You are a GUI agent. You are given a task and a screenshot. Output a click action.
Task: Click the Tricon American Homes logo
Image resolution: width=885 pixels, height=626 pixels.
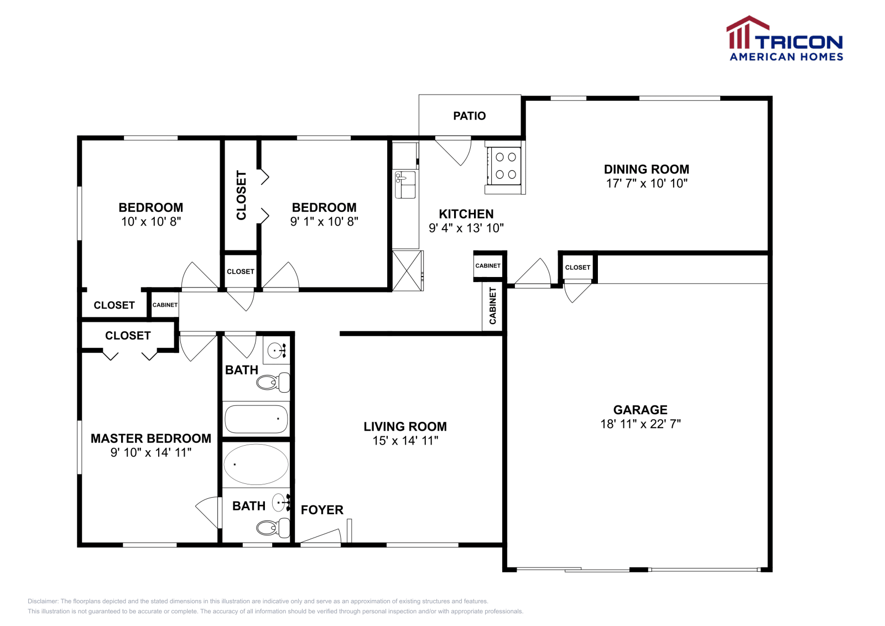click(x=785, y=39)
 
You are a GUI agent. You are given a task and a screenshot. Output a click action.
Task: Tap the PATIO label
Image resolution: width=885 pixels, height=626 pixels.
click(x=469, y=116)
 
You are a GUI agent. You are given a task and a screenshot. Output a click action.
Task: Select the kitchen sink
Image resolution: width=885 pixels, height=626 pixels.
click(x=405, y=185)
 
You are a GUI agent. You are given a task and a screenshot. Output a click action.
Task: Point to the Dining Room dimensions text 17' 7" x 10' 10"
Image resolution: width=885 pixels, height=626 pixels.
click(x=646, y=184)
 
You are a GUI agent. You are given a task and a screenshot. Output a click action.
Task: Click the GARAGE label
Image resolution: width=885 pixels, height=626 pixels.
click(x=640, y=410)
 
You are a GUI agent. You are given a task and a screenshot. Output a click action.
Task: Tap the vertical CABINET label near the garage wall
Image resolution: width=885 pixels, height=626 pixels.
click(x=492, y=306)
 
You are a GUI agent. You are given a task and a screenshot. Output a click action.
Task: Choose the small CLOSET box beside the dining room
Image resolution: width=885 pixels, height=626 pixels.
click(x=577, y=268)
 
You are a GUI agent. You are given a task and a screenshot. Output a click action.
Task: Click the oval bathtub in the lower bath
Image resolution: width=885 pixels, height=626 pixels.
click(x=256, y=465)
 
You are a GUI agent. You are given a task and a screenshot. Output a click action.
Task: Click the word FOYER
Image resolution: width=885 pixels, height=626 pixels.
click(x=322, y=510)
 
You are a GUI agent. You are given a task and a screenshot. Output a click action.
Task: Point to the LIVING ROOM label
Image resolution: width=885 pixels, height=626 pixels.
click(x=405, y=426)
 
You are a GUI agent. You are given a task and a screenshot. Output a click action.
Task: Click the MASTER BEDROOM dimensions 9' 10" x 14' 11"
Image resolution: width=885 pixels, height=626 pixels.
click(x=151, y=452)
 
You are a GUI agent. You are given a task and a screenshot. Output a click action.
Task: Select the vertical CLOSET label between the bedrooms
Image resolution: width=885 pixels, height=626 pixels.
click(x=241, y=195)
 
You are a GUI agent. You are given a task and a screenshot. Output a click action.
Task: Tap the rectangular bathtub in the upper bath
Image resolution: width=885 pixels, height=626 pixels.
click(x=256, y=419)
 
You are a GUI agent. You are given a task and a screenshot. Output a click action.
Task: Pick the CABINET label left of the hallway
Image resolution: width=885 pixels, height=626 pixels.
click(x=165, y=305)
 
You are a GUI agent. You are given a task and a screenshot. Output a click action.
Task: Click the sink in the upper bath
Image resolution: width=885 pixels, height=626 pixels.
click(x=276, y=351)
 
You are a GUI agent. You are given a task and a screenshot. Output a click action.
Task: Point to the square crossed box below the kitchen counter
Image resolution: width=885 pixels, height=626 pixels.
click(x=407, y=270)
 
